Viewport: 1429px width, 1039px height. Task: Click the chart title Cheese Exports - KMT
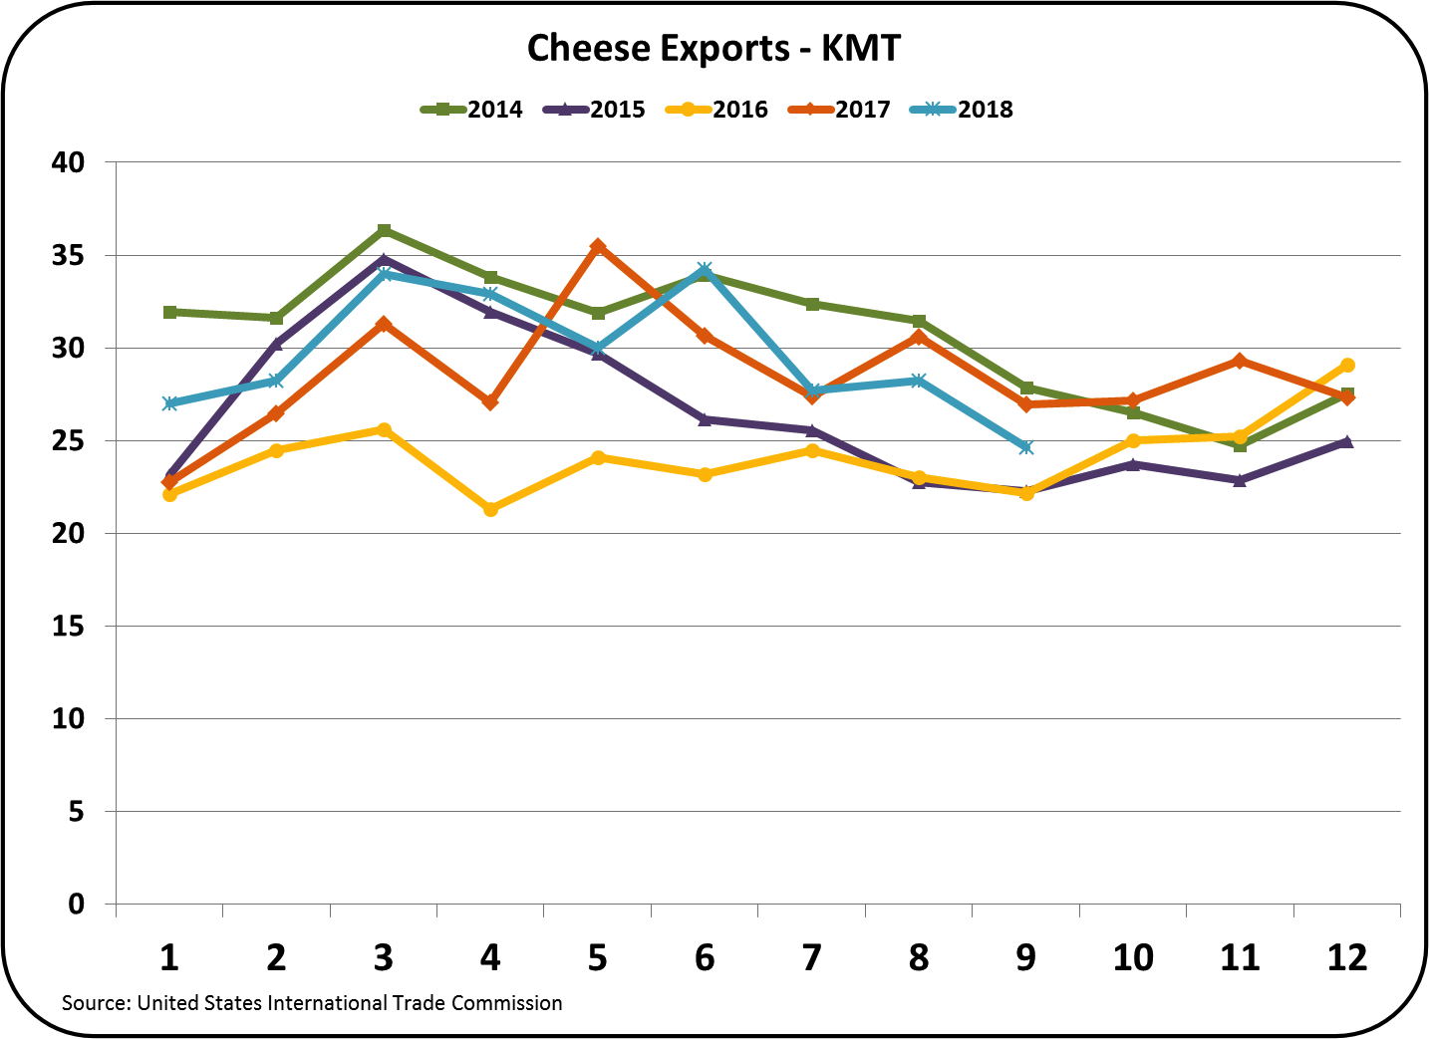point(713,48)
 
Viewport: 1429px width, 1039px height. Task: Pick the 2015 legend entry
point(595,110)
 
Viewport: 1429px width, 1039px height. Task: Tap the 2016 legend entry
point(717,110)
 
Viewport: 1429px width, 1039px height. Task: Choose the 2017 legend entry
point(840,110)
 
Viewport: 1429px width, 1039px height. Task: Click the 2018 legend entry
point(963,110)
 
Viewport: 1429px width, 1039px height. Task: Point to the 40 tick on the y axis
point(69,161)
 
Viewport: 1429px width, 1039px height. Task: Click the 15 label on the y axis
point(69,626)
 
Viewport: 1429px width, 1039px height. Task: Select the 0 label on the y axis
point(76,905)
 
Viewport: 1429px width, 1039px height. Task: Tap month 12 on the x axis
point(1347,957)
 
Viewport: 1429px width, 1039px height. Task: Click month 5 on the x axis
point(597,957)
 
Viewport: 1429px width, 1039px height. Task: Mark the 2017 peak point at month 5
point(598,246)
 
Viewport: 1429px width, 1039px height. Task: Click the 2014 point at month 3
point(384,230)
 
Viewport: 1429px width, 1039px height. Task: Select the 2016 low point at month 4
point(490,509)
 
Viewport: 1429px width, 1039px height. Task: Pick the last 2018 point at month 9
point(1026,447)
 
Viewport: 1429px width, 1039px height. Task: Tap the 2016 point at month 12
point(1347,365)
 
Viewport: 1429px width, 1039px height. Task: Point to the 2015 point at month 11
point(1241,479)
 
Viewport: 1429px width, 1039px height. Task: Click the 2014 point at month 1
point(169,312)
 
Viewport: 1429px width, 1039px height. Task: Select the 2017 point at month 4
point(490,401)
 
